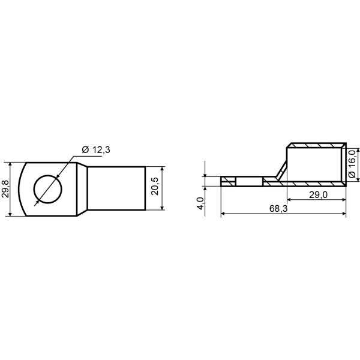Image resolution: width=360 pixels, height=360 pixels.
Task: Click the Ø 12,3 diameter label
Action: (x=96, y=149)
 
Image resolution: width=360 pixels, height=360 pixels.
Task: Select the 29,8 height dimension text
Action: (x=5, y=189)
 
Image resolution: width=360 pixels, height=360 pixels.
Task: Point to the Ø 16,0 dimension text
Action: (x=353, y=164)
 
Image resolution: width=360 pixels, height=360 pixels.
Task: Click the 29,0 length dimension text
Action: (x=318, y=194)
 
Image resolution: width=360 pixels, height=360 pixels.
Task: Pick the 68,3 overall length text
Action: (x=278, y=208)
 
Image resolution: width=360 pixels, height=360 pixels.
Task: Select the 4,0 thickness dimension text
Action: (x=200, y=203)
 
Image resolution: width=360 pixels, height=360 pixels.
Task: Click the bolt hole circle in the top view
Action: (x=48, y=175)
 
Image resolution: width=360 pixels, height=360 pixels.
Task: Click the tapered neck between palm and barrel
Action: (x=82, y=189)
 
